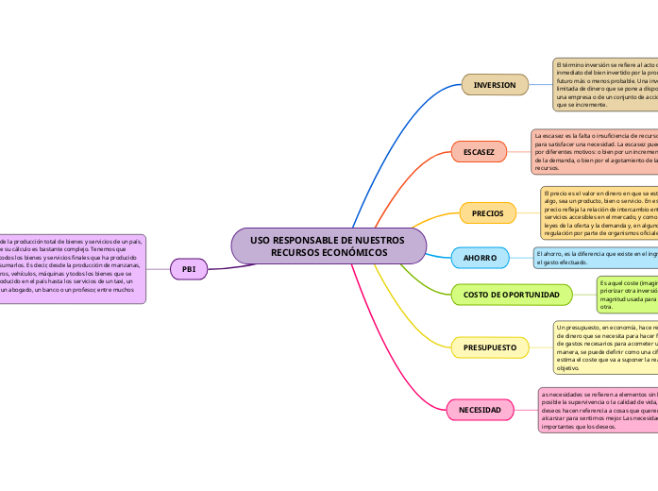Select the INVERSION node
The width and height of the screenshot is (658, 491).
[494, 85]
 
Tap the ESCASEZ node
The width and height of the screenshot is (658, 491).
[479, 151]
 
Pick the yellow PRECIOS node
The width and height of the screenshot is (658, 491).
[487, 213]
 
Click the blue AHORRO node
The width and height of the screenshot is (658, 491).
[481, 257]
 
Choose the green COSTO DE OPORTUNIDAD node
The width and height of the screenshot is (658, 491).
[512, 296]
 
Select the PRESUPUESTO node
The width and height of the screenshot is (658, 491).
[489, 347]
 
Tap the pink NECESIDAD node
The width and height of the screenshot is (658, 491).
[480, 410]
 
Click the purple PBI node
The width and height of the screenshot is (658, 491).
[188, 269]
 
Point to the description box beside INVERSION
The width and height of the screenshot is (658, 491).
[605, 84]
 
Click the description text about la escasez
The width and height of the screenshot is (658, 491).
[594, 151]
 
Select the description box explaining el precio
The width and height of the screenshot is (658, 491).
[599, 213]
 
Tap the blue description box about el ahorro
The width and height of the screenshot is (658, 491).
[595, 257]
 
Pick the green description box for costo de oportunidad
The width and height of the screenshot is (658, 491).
[627, 295]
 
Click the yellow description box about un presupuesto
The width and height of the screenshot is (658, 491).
[605, 347]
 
